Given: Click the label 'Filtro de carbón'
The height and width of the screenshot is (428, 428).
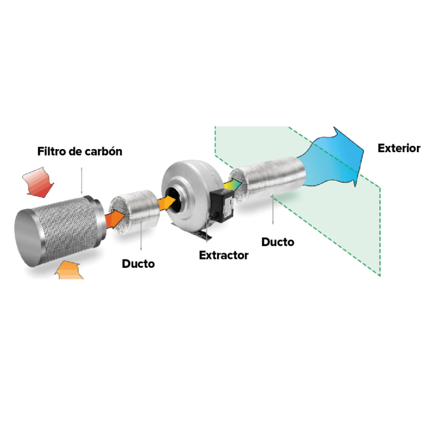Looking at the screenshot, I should point(79,152).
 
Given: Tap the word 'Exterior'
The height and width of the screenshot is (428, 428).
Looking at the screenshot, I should point(399,148).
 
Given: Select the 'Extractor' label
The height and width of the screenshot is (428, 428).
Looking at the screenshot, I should point(224,255).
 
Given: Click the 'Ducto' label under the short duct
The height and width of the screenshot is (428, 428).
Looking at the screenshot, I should point(138,264).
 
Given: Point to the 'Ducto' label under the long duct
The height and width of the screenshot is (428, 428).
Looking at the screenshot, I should point(278,242).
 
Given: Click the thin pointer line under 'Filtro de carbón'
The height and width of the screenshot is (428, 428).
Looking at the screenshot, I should point(82,180).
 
